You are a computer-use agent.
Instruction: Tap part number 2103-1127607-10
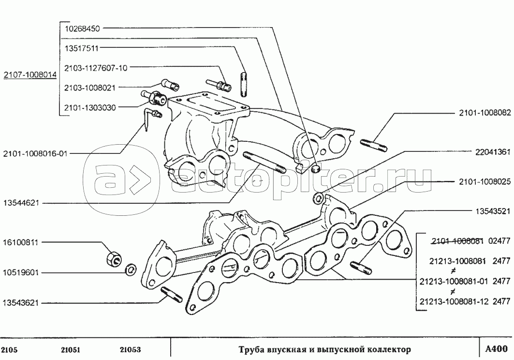pyautogui.click(x=96, y=68)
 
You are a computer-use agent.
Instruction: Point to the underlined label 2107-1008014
pyautogui.click(x=30, y=75)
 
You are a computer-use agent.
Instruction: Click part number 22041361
pyautogui.click(x=493, y=152)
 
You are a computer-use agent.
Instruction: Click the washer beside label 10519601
pyautogui.click(x=130, y=270)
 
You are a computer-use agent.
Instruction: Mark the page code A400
pyautogui.click(x=496, y=348)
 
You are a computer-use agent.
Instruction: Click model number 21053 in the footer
pyautogui.click(x=131, y=349)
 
